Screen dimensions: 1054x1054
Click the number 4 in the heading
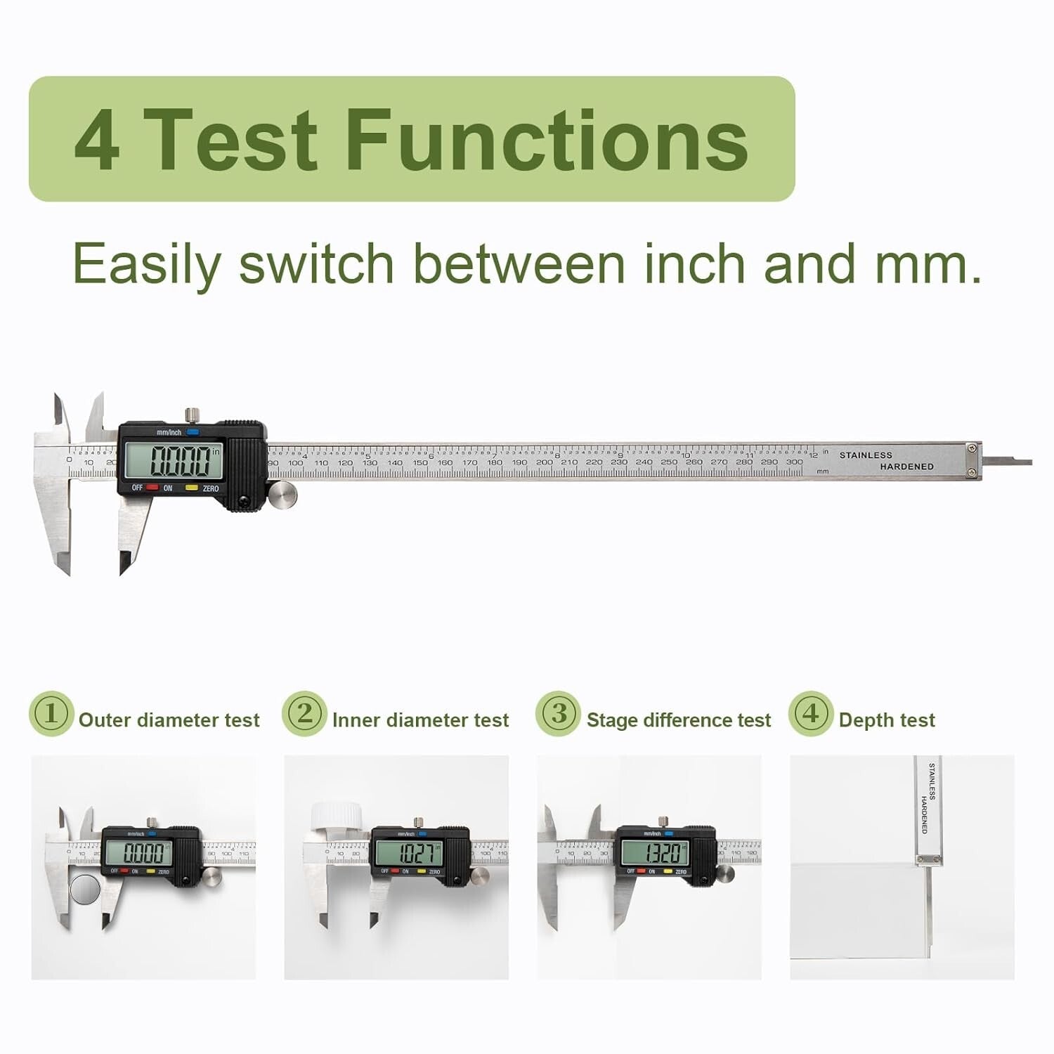pos(96,141)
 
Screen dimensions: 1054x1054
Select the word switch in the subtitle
pos(316,265)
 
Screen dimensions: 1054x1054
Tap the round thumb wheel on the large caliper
pos(282,495)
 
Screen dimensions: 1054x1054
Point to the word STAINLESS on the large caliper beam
pos(866,455)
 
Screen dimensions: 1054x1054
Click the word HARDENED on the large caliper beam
pos(906,467)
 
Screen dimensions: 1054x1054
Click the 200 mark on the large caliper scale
pos(544,462)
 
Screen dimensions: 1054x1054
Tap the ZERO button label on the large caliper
pos(210,488)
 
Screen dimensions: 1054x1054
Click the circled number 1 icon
pos(51,714)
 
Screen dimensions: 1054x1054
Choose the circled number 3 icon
pos(558,714)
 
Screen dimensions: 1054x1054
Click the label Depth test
pos(887,720)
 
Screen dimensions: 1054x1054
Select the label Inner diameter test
pos(420,720)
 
